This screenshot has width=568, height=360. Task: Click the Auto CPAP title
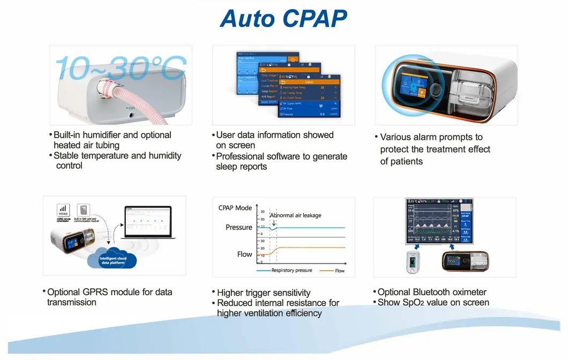coord(283,18)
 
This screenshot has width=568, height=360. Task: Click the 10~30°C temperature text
coord(121,68)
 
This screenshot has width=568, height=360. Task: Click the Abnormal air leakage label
coord(295,215)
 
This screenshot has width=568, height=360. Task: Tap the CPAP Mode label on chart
coord(235,208)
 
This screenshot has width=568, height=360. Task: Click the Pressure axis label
coord(238,227)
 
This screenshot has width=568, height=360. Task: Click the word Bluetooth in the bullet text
coord(433,292)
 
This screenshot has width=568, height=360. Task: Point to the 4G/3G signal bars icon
coord(63,208)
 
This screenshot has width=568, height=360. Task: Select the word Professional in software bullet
coord(243,156)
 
